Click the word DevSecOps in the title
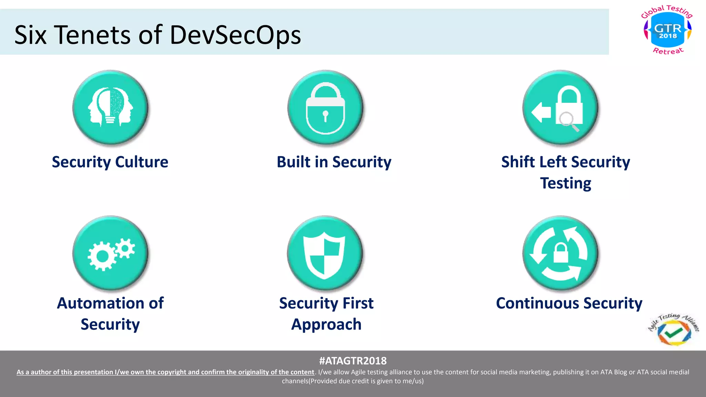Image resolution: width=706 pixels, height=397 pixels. tap(235, 35)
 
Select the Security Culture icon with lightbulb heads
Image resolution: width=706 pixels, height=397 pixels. tap(110, 108)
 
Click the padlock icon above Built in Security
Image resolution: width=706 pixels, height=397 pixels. tap(325, 108)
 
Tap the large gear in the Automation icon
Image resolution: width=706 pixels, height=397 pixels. tap(102, 256)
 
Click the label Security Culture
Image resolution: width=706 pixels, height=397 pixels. tap(110, 162)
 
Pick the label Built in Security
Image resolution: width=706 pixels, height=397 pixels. tap(334, 162)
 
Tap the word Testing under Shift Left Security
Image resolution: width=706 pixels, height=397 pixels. tap(565, 183)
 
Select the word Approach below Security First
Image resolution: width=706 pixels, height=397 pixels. tap(326, 324)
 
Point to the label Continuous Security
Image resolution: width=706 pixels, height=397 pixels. tap(569, 303)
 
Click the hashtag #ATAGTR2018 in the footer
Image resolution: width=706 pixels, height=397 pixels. tap(353, 361)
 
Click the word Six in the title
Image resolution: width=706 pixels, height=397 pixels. tap(30, 35)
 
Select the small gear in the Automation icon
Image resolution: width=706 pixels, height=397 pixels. tap(125, 248)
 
